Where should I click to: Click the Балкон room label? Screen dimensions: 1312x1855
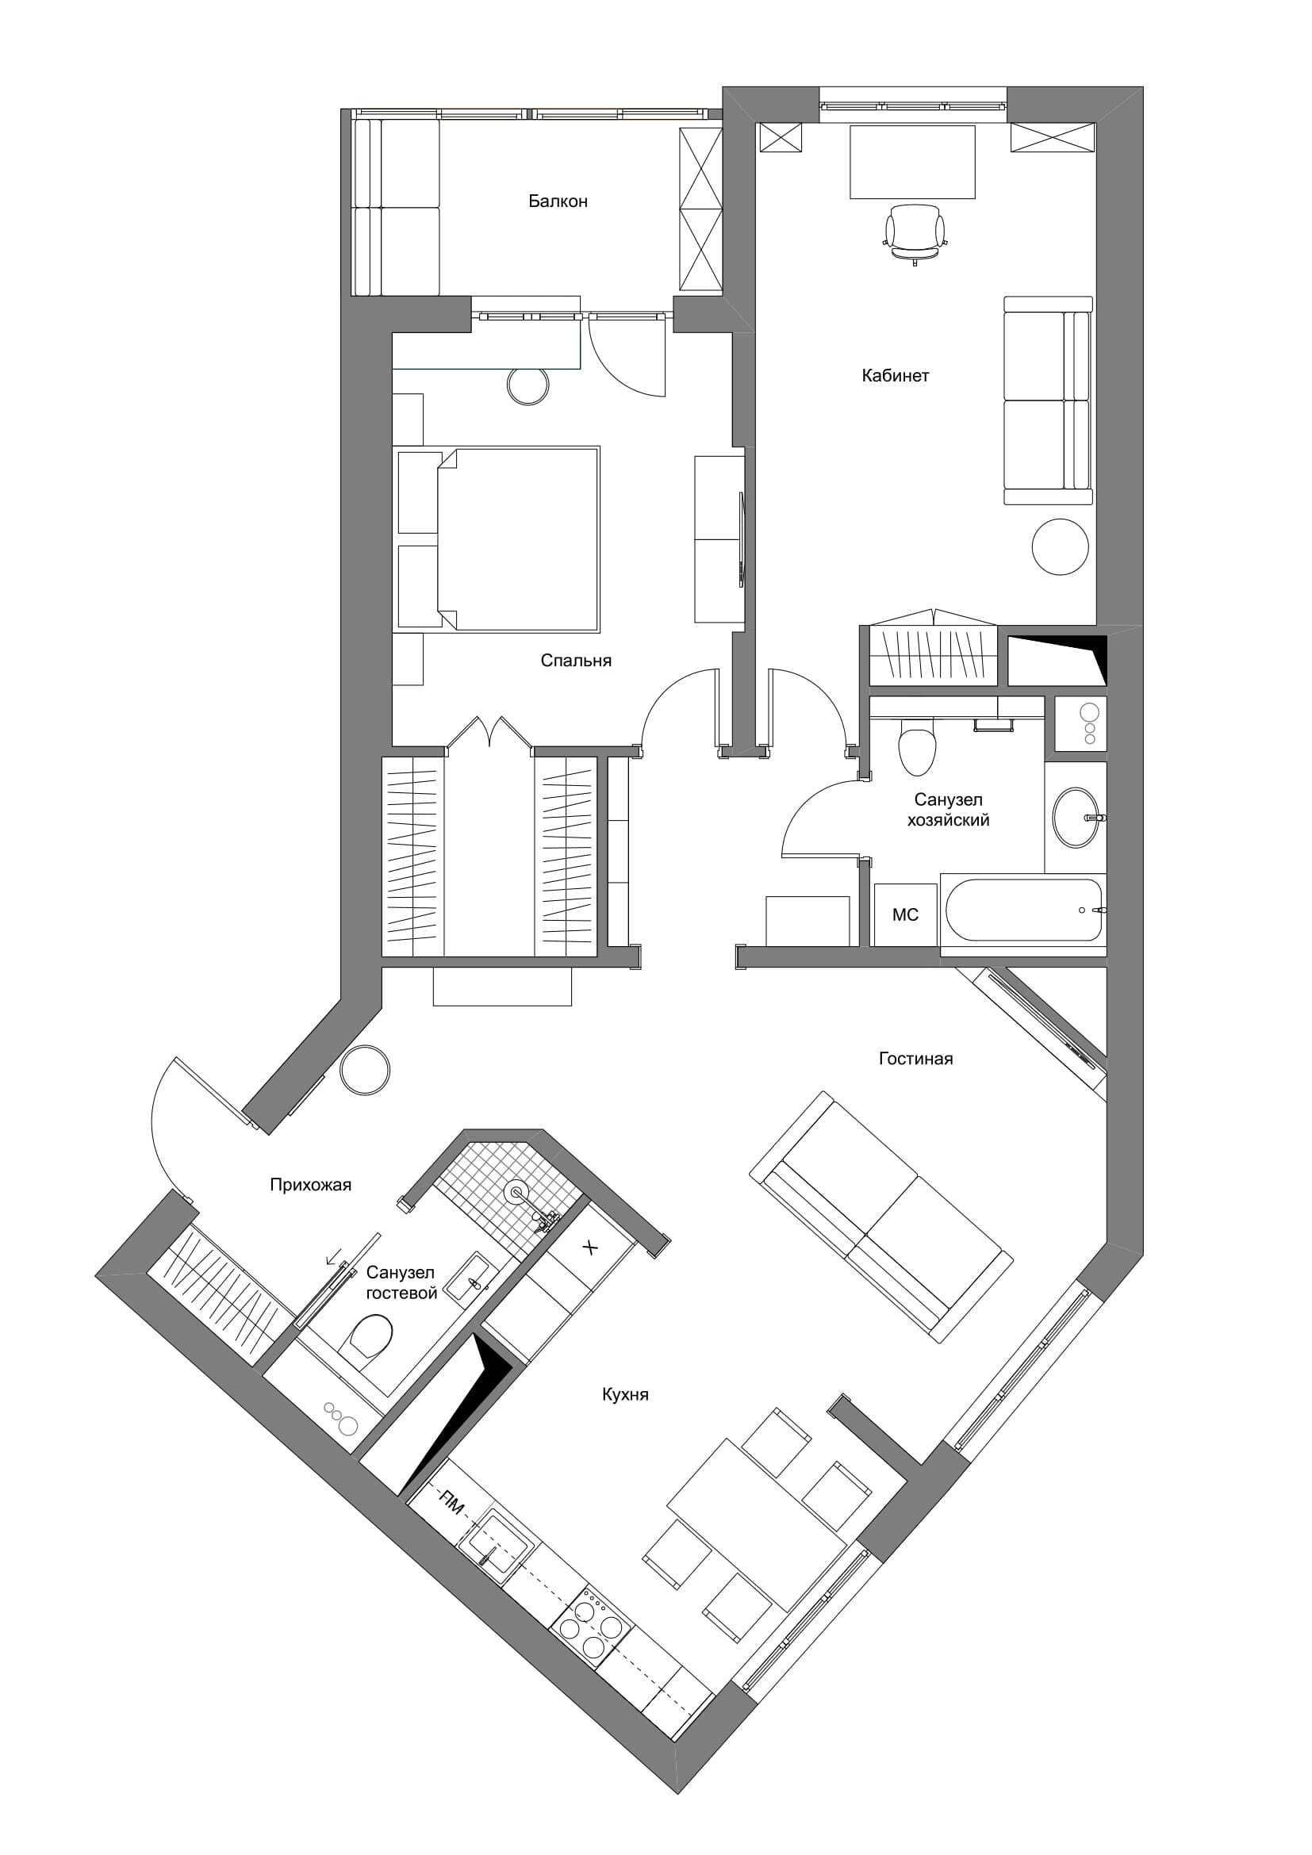(x=558, y=201)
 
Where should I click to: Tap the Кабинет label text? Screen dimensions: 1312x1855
(x=895, y=376)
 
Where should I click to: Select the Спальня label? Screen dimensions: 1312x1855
(x=576, y=661)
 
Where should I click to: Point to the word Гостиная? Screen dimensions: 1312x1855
(x=916, y=1059)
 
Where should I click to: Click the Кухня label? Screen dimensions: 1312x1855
(x=625, y=1394)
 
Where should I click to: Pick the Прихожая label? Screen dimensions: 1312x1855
(x=310, y=1185)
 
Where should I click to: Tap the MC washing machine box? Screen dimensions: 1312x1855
(x=906, y=914)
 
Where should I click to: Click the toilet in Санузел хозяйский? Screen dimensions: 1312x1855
(x=917, y=746)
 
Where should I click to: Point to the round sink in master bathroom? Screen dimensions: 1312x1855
(x=1076, y=818)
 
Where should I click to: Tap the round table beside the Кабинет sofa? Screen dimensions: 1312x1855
(x=1061, y=546)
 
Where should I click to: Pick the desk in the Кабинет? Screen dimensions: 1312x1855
(x=912, y=162)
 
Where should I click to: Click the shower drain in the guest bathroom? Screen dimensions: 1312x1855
(x=516, y=1190)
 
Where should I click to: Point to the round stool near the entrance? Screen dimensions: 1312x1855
(x=365, y=1071)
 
